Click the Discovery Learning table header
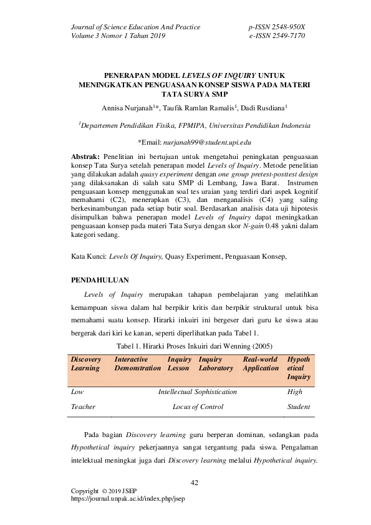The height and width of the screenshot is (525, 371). (x=85, y=364)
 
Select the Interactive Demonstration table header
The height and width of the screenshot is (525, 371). (x=137, y=364)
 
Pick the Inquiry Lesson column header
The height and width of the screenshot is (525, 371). (x=180, y=364)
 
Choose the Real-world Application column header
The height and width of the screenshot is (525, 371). (x=261, y=364)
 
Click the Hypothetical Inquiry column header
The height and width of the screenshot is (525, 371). (x=298, y=368)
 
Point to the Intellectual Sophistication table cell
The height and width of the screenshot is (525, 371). (x=198, y=392)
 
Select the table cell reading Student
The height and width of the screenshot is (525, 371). (x=298, y=407)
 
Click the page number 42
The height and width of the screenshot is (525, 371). (x=194, y=483)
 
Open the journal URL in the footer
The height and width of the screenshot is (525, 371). (x=129, y=499)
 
